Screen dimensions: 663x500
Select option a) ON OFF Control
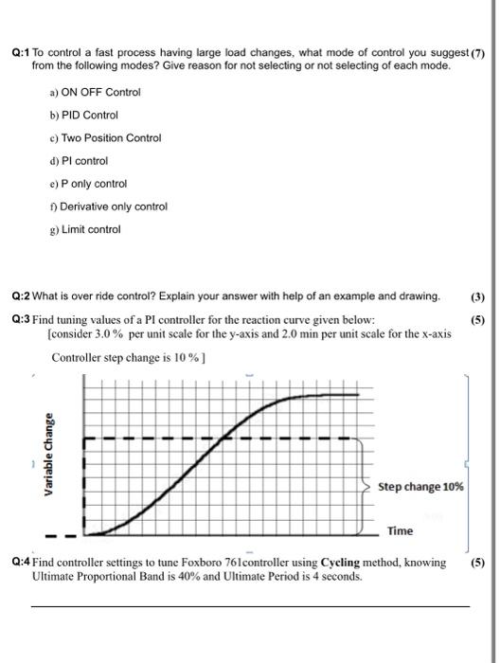tap(98, 92)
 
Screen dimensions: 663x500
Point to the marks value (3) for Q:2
tap(476, 296)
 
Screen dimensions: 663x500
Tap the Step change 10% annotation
tap(420, 487)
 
